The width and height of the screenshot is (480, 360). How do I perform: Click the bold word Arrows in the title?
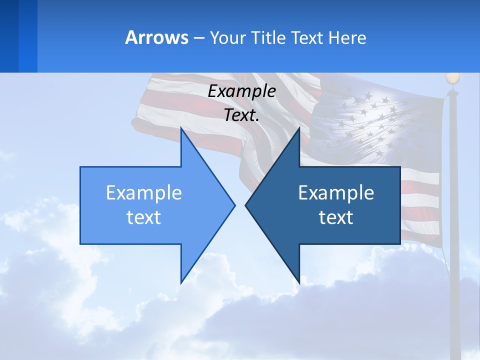click(156, 37)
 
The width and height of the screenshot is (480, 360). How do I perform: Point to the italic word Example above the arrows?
click(241, 91)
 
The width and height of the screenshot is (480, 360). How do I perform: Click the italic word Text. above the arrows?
click(241, 115)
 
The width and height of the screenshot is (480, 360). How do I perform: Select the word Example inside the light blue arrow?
click(144, 193)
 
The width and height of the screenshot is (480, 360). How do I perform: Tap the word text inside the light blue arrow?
click(144, 217)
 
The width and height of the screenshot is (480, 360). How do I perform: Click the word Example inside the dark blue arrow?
click(336, 193)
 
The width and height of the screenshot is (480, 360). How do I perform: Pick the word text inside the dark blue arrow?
click(336, 217)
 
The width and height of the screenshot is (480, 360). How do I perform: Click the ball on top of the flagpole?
click(452, 78)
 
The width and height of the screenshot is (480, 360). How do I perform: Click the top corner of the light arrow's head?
click(181, 129)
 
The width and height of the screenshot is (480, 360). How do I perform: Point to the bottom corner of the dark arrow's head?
click(299, 281)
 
